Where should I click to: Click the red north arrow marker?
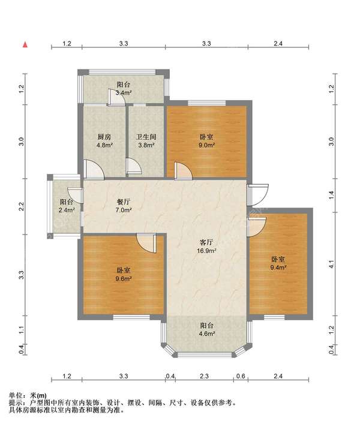tap(25, 44)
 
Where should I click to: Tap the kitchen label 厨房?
tap(104, 137)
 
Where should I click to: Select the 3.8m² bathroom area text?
tap(146, 145)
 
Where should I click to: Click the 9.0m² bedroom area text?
tap(206, 145)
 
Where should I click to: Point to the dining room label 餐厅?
tap(124, 202)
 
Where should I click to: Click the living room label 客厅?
tap(206, 242)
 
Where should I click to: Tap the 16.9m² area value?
tap(206, 251)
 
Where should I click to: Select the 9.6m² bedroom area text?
tap(124, 279)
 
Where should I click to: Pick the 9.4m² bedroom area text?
tap(278, 267)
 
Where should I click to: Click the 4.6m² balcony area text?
tap(206, 333)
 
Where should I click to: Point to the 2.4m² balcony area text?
tap(67, 210)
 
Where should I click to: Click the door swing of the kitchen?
tap(94, 169)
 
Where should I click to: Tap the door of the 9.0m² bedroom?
tap(183, 171)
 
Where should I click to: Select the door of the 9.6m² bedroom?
tap(146, 243)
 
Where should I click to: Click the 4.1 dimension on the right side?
tap(331, 264)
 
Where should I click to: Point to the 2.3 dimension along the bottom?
tap(204, 376)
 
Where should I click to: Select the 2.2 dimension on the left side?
tap(22, 206)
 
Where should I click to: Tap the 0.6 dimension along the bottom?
tap(241, 376)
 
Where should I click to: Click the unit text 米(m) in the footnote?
tap(38, 395)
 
